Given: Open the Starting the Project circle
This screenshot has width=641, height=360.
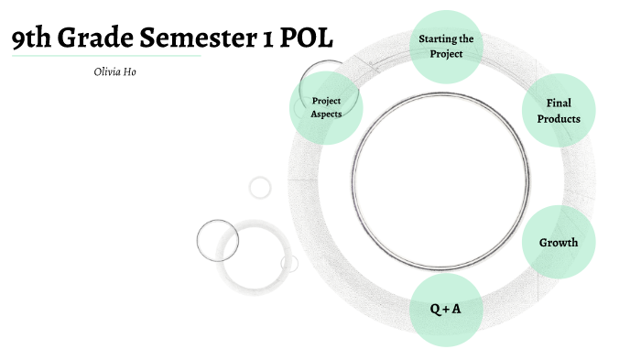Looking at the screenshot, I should pyautogui.click(x=446, y=47).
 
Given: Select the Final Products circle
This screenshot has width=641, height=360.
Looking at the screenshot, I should pyautogui.click(x=558, y=111).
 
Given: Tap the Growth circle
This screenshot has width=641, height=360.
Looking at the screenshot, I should pyautogui.click(x=558, y=243).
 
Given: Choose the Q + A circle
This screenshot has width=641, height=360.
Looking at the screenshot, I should pyautogui.click(x=446, y=310).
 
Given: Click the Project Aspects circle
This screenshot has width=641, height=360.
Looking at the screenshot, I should pyautogui.click(x=327, y=107).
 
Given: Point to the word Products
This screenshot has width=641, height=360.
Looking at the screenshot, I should pyautogui.click(x=558, y=119).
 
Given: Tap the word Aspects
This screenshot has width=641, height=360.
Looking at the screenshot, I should pyautogui.click(x=327, y=115).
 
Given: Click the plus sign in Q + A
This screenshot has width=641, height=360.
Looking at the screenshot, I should pyautogui.click(x=446, y=310).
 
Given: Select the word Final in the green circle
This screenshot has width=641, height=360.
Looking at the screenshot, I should pyautogui.click(x=558, y=104).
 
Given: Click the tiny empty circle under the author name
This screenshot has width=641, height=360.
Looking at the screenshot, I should pyautogui.click(x=260, y=188).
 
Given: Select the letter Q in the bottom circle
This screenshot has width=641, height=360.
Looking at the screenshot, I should pyautogui.click(x=435, y=310).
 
